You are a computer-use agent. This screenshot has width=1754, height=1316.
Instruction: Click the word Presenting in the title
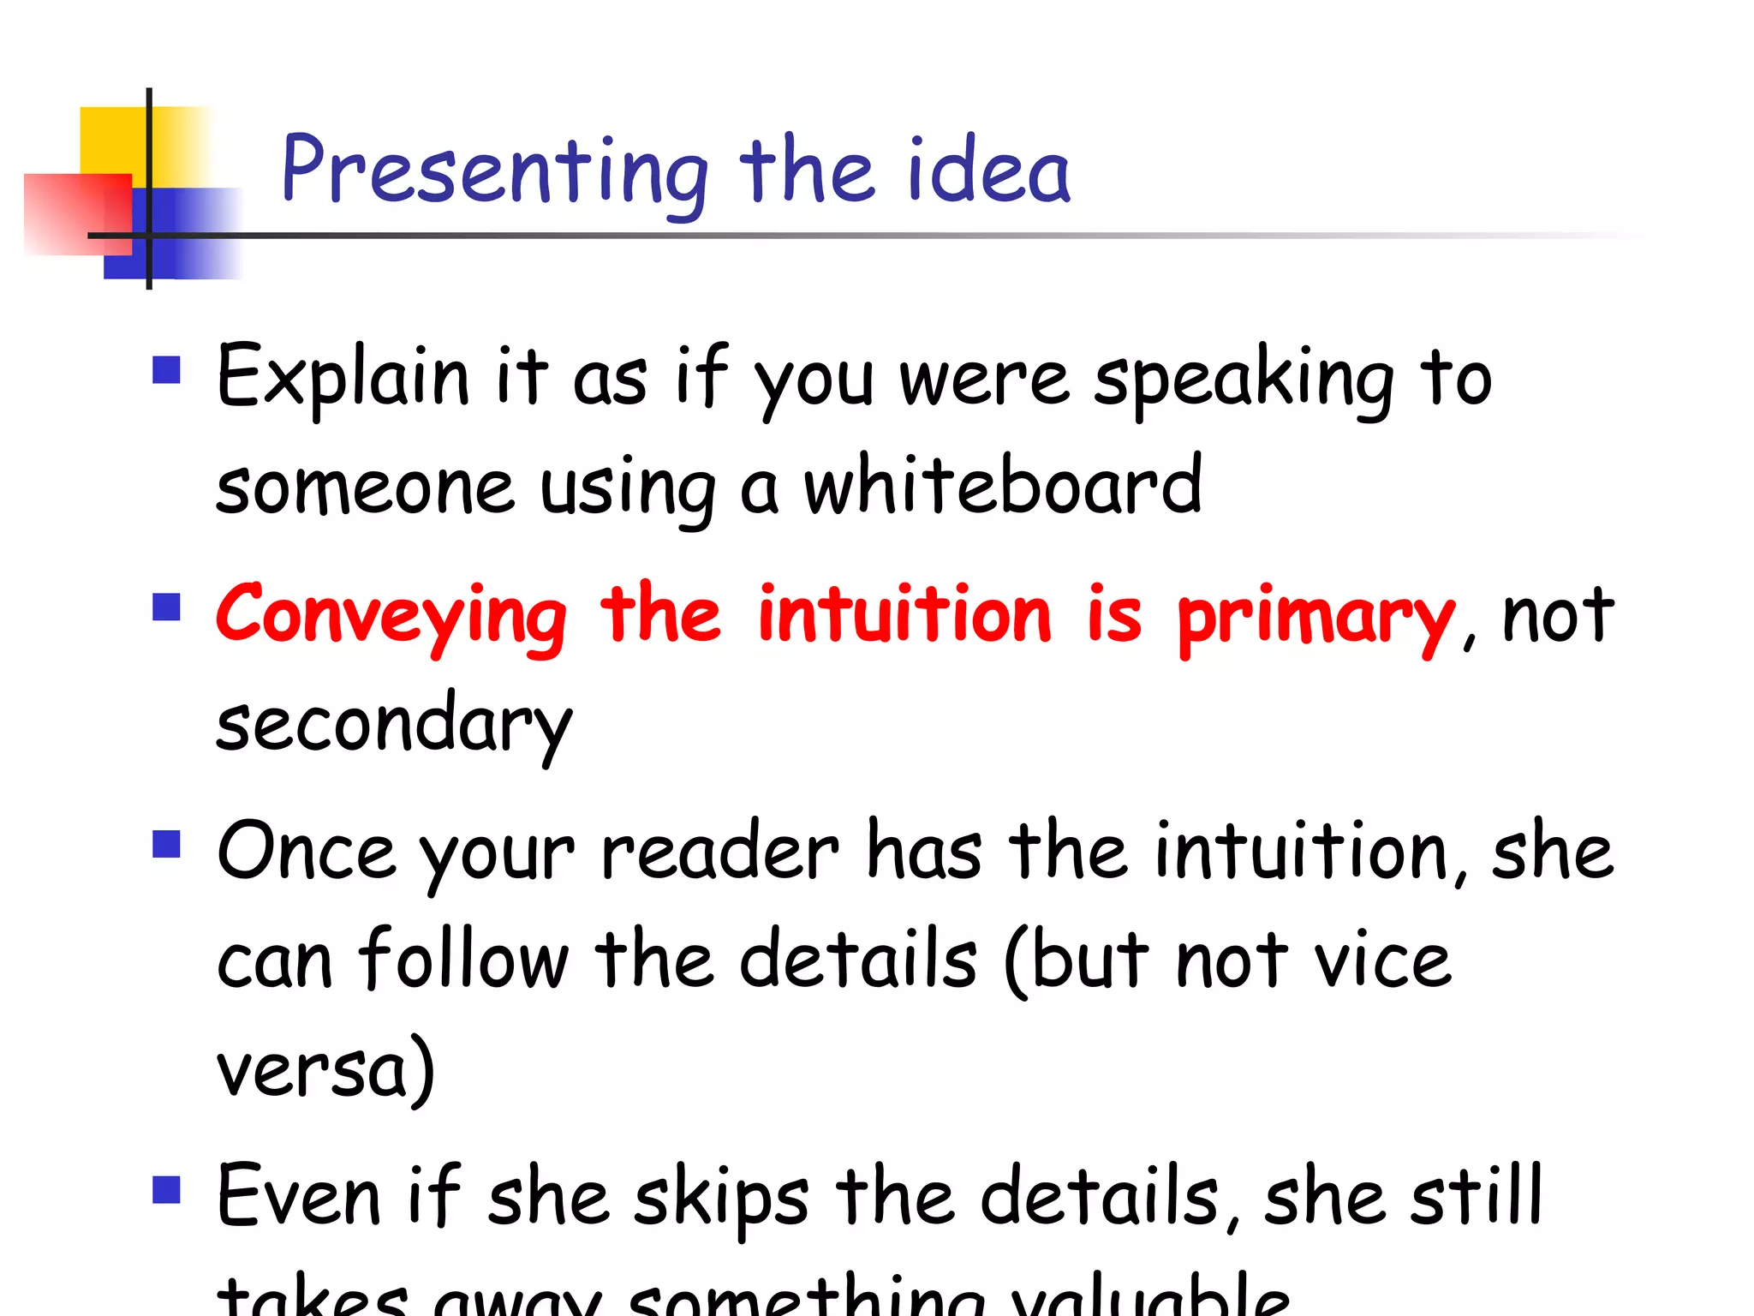pyautogui.click(x=495, y=171)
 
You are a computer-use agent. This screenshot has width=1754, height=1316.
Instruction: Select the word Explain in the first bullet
pyautogui.click(x=343, y=377)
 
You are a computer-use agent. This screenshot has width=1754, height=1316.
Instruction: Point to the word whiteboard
pyautogui.click(x=1002, y=487)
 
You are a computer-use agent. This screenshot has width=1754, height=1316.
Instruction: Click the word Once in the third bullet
pyautogui.click(x=306, y=852)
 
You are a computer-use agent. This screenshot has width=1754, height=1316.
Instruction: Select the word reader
pyautogui.click(x=719, y=852)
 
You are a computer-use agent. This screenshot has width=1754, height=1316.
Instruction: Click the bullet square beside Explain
pyautogui.click(x=166, y=370)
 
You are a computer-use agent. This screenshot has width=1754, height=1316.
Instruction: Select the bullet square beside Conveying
pyautogui.click(x=166, y=607)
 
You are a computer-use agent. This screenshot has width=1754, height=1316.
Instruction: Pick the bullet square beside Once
pyautogui.click(x=166, y=844)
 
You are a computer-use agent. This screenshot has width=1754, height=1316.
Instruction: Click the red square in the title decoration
pyautogui.click(x=77, y=214)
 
